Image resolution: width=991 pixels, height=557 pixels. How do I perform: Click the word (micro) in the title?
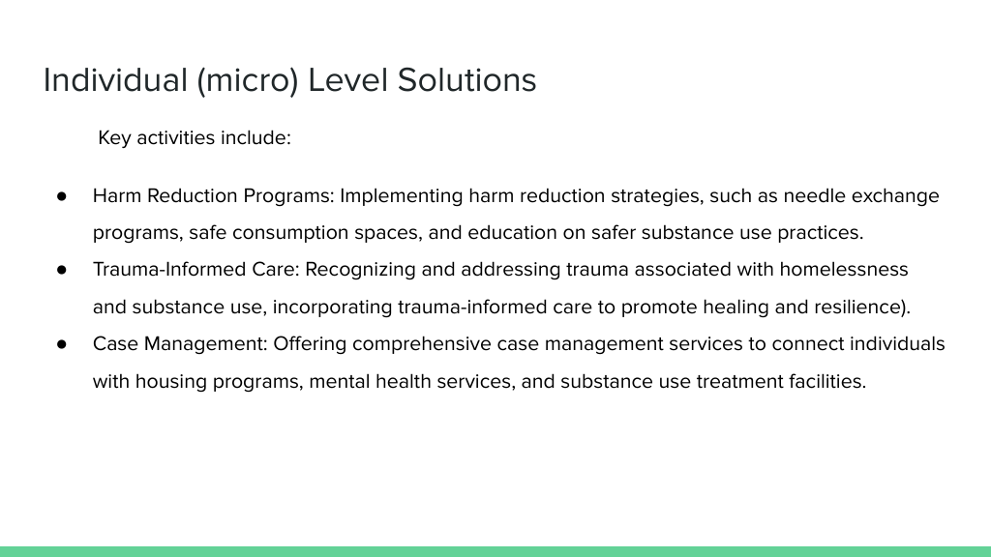coord(247,81)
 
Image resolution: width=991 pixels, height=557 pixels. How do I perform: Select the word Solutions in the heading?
coord(466,80)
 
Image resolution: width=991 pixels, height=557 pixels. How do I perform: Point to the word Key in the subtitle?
coord(114,138)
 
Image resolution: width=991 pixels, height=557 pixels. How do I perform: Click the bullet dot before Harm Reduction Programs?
coord(61,196)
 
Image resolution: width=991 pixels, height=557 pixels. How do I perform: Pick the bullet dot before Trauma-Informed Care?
coord(61,270)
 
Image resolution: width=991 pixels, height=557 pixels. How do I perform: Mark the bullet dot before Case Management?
coord(61,344)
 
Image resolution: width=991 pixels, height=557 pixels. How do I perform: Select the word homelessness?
coord(844,270)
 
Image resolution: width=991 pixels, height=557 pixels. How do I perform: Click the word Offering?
coord(310,344)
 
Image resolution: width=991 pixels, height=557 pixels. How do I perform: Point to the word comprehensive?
coord(422,345)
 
